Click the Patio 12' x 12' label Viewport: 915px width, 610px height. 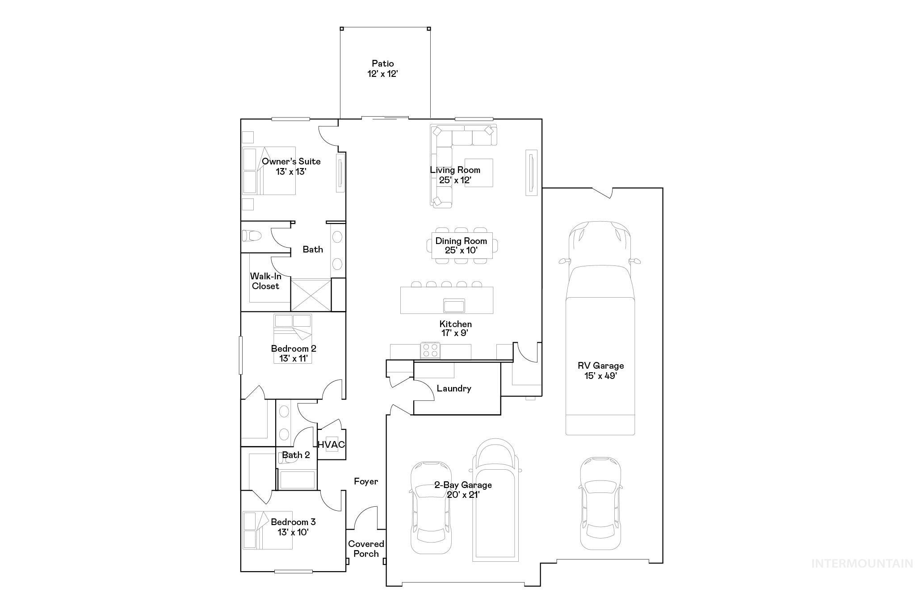383,69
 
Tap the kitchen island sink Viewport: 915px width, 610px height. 454,306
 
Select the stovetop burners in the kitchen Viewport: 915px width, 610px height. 431,349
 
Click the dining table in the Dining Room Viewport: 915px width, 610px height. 462,245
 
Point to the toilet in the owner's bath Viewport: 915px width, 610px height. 252,236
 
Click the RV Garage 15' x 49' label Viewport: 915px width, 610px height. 600,370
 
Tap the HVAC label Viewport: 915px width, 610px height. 331,445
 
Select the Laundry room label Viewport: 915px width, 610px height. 454,388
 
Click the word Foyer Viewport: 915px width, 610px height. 366,481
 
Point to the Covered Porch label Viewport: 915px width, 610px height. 366,549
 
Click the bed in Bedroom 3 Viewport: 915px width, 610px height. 267,530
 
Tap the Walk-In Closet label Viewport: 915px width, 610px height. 265,281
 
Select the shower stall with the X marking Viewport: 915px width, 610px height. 311,294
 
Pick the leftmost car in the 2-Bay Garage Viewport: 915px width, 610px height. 431,507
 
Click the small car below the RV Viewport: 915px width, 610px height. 600,503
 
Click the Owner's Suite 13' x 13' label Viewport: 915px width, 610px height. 291,166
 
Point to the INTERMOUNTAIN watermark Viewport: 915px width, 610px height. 862,564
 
